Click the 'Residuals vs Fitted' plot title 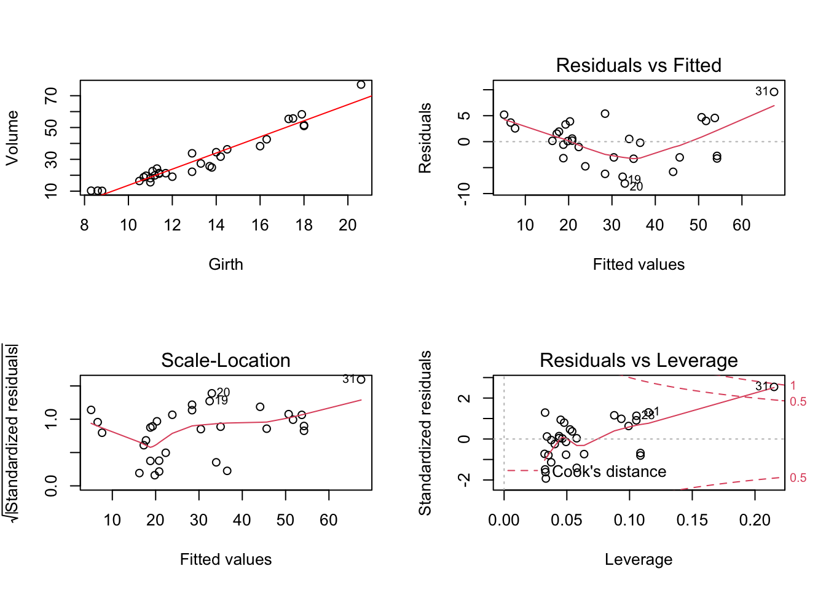pos(638,65)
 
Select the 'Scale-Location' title pos(226,360)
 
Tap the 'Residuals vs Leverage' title pos(638,360)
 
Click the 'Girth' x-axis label pos(226,264)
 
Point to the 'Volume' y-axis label pos(12,138)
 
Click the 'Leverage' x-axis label pos(638,559)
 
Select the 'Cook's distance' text pos(609,471)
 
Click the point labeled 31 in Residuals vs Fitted pos(774,92)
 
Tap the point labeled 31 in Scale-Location pos(361,379)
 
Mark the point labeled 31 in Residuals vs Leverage pos(774,387)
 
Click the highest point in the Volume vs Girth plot pos(361,85)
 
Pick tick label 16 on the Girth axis pos(260,226)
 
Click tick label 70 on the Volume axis pos(51,96)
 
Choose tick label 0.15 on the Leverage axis pos(692,521)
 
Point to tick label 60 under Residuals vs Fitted pos(741,226)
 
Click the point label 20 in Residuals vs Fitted pos(636,186)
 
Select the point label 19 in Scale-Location pos(221,401)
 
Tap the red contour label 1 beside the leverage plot pos(793,385)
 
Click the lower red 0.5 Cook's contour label pos(798,478)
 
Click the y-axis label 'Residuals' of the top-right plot pos(425,138)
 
